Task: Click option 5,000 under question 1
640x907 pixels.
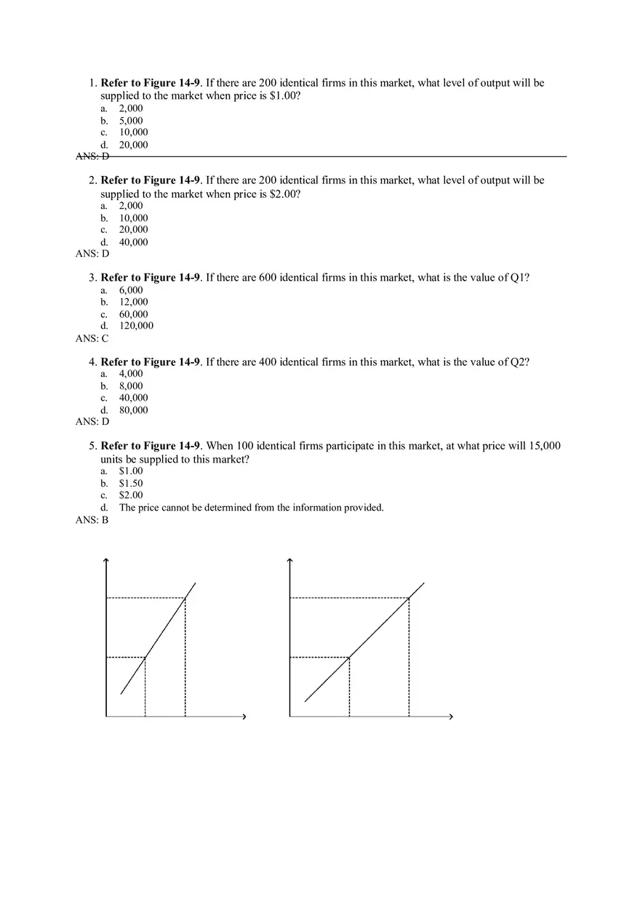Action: coord(131,121)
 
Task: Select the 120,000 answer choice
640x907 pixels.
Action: coord(136,326)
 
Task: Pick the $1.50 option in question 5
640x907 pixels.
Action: coord(131,483)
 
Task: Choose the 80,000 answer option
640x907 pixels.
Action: coord(133,410)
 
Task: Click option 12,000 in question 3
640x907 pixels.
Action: coord(133,302)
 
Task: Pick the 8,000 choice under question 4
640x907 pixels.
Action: coord(131,386)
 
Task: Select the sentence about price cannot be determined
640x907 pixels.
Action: coord(251,508)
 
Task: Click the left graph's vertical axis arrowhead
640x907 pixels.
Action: coord(107,559)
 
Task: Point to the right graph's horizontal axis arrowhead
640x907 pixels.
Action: coord(451,717)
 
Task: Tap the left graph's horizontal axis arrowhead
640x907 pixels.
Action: coord(244,717)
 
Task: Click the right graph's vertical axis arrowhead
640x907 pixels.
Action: coord(290,559)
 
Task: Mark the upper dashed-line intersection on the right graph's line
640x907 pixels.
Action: coord(409,598)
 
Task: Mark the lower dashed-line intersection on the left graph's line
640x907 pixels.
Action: coord(145,658)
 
